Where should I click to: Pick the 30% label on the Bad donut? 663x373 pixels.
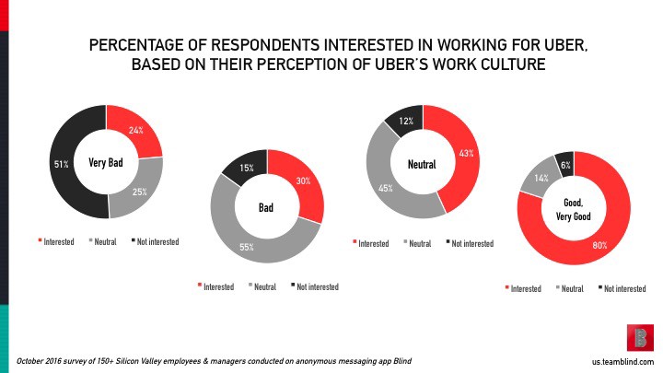302,181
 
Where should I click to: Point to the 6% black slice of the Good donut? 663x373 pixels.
564,164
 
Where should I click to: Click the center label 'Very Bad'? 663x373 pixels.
107,163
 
